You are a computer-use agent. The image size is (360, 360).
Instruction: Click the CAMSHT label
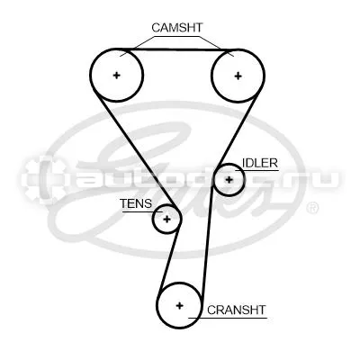177,28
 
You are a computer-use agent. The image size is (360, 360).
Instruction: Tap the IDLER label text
260,163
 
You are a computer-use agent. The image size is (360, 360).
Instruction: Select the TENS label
136,203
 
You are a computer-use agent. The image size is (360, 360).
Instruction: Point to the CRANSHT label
237,310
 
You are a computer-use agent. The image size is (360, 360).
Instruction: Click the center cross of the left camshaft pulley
116,75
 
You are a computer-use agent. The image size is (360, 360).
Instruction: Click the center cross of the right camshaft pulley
238,76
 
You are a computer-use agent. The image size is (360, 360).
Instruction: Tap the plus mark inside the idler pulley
229,180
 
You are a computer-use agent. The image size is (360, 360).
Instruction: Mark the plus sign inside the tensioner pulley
166,220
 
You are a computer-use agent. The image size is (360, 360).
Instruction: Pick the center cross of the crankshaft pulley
179,306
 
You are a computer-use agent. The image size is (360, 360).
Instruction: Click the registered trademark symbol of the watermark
312,208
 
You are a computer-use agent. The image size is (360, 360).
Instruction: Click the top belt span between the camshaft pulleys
177,49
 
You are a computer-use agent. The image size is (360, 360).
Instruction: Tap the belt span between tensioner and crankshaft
170,257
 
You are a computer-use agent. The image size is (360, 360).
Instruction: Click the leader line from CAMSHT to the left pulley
138,46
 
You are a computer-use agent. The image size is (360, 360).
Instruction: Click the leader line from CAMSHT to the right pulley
216,46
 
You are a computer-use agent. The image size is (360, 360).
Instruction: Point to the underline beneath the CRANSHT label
228,318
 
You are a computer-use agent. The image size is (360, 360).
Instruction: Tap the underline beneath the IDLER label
256,171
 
